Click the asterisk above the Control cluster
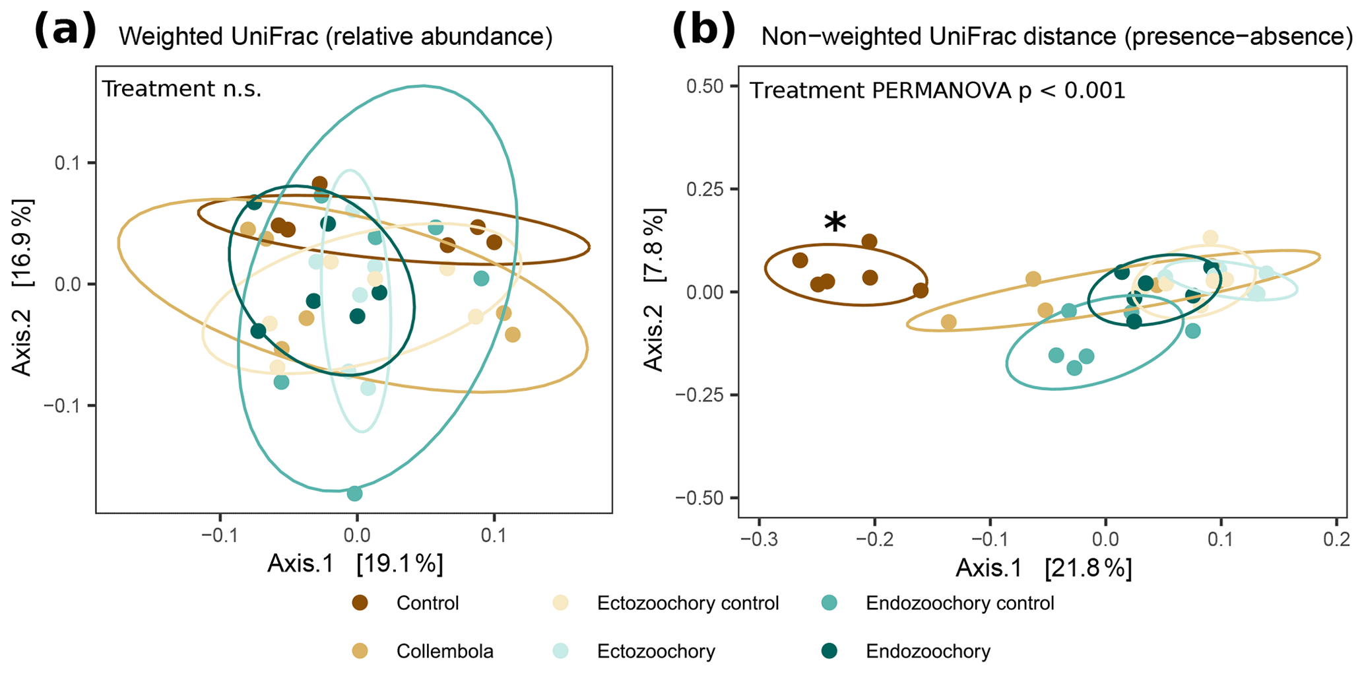(x=835, y=222)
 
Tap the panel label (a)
(x=65, y=31)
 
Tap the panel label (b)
(x=703, y=31)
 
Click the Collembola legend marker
(x=360, y=652)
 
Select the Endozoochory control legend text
(x=959, y=603)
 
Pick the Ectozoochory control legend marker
(x=560, y=603)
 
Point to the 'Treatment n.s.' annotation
(x=181, y=88)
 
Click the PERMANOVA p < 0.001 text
(x=937, y=90)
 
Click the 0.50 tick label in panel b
(x=705, y=86)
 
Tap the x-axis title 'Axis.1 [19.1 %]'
(x=355, y=563)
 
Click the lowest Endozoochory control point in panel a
(x=354, y=493)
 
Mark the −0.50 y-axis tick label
(x=700, y=498)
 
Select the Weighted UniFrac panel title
(x=335, y=37)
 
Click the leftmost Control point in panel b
(x=800, y=260)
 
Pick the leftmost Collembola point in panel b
(x=948, y=322)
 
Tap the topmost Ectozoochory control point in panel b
(x=1210, y=238)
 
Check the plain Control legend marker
(x=360, y=603)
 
